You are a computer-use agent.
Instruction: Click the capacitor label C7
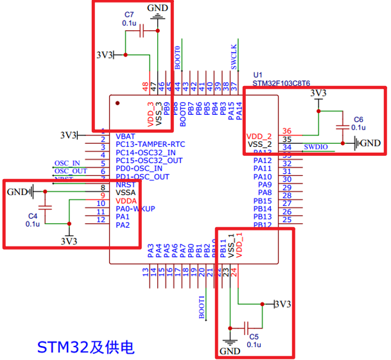point(129,13)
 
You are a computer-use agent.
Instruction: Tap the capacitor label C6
point(358,119)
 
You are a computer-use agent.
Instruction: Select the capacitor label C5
point(254,336)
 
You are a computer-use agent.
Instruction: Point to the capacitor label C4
point(33,216)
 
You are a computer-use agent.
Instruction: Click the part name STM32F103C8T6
point(281,83)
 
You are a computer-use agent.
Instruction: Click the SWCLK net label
point(234,56)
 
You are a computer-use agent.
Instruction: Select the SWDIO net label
point(316,148)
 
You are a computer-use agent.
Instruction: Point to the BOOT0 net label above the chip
point(178,58)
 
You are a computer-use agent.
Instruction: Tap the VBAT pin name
point(126,137)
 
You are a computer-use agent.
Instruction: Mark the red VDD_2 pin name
point(259,137)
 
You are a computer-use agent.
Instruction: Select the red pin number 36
point(286,131)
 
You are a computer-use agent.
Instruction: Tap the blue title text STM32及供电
point(85,347)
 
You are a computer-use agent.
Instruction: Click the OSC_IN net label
point(67,163)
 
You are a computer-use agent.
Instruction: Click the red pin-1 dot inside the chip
point(117,102)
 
